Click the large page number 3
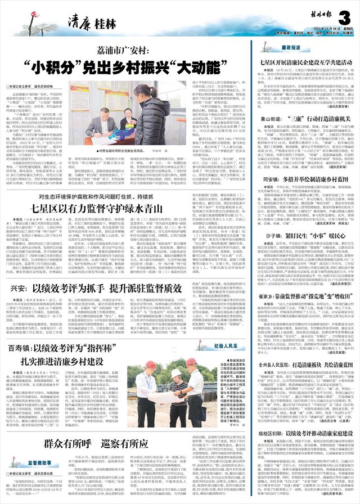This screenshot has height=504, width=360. tap(345, 16)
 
